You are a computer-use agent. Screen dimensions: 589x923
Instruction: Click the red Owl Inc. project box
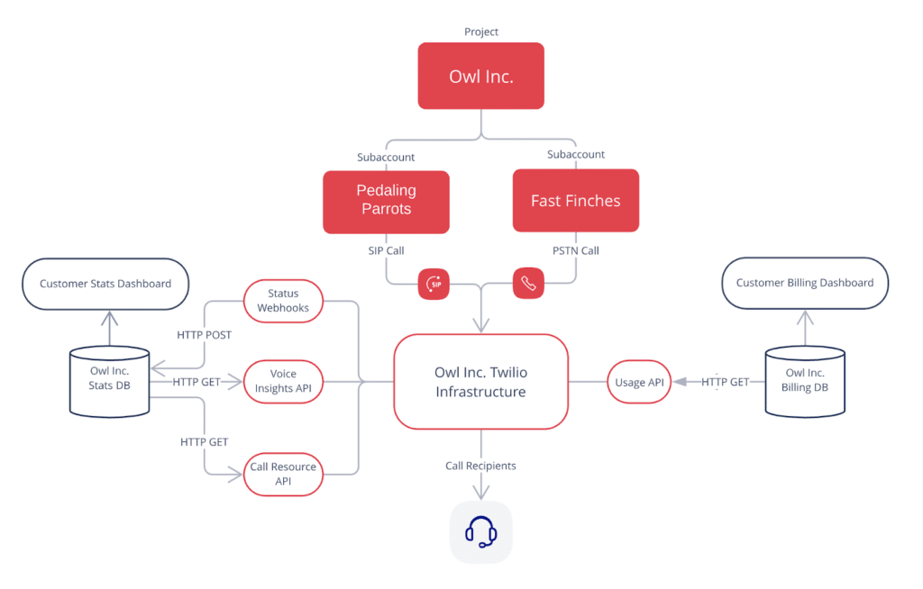(x=480, y=76)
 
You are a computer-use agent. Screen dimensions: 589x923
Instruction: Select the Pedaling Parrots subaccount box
(x=386, y=200)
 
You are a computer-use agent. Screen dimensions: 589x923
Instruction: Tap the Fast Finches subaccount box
(x=575, y=200)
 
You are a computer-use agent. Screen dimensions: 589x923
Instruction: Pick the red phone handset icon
(x=528, y=283)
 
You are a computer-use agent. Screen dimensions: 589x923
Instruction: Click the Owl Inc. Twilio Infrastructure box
(x=480, y=382)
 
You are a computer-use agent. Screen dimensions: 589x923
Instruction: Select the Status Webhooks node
(x=283, y=301)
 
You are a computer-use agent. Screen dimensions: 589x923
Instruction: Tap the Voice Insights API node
(x=283, y=381)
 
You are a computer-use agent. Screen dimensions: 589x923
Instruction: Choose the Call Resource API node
(x=283, y=474)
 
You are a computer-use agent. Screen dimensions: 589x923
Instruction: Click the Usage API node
(x=639, y=383)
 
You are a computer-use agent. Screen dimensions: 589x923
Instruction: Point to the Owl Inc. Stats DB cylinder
(x=110, y=381)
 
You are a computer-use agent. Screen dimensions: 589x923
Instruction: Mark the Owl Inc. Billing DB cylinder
(x=805, y=381)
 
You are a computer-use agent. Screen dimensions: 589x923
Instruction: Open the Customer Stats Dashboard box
(x=105, y=284)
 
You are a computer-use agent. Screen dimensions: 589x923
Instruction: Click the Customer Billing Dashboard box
(x=805, y=283)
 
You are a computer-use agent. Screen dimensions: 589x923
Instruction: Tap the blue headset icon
(x=481, y=532)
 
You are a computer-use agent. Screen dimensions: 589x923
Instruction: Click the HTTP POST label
(x=205, y=335)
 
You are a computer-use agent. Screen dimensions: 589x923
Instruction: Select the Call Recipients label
(x=481, y=466)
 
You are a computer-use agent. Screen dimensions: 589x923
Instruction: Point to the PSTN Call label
(x=576, y=250)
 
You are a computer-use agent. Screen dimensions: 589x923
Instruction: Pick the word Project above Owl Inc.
(x=481, y=32)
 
